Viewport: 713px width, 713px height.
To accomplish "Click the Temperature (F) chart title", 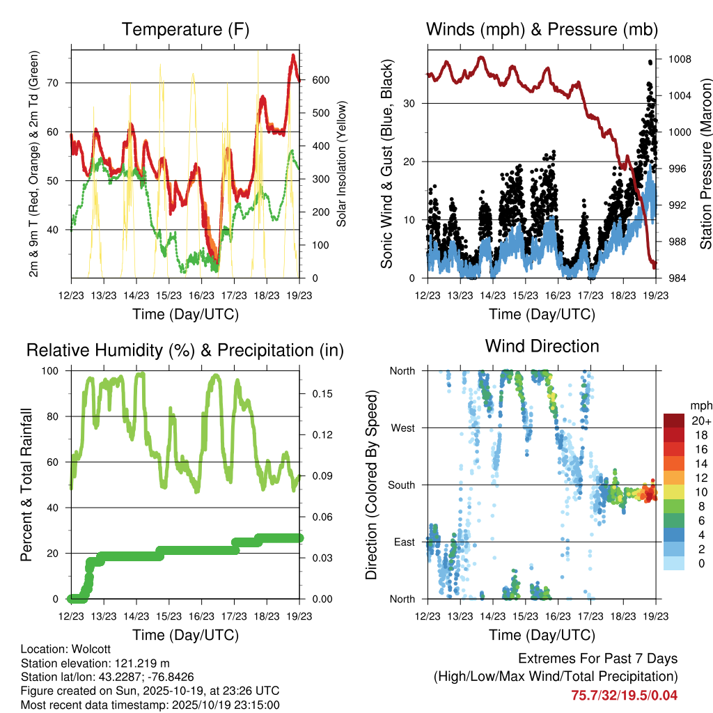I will click(185, 29).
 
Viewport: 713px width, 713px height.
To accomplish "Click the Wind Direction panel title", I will click(542, 345).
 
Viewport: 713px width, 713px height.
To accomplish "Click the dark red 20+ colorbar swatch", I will click(676, 421).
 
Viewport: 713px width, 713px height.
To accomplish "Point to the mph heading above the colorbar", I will click(700, 405).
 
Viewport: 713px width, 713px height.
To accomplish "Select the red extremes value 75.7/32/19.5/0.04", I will click(625, 695).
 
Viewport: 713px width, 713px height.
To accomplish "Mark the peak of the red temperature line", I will click(293, 55).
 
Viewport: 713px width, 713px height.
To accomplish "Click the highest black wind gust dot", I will click(650, 62).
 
